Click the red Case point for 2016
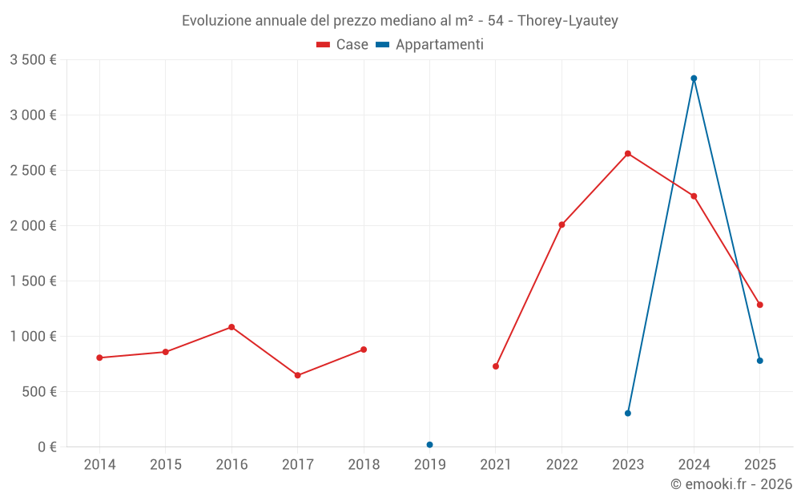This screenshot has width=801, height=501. [x=231, y=327]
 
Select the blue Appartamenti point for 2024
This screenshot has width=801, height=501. [x=694, y=79]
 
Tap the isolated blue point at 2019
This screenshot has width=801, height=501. [x=429, y=445]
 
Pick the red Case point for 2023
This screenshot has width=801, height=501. [x=628, y=154]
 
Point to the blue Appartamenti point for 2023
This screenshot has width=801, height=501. [x=628, y=413]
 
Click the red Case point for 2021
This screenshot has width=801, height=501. [x=496, y=366]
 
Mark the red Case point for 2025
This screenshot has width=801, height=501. [x=759, y=305]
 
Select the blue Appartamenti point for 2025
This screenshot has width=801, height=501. [x=759, y=361]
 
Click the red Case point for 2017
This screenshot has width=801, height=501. [x=298, y=375]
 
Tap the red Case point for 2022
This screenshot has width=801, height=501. [x=562, y=225]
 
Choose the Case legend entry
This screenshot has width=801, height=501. [x=342, y=44]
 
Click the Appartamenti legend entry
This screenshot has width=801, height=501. [x=429, y=45]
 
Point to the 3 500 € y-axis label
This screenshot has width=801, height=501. [x=33, y=60]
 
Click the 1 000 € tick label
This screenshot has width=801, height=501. [x=33, y=337]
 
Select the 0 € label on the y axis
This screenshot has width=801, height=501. [x=47, y=446]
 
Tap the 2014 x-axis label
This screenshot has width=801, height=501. [x=99, y=464]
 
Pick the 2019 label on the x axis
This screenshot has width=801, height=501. [x=429, y=464]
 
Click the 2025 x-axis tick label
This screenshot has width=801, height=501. [x=760, y=464]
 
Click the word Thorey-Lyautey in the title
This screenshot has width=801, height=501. [x=568, y=21]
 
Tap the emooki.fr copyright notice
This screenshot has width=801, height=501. [x=731, y=483]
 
